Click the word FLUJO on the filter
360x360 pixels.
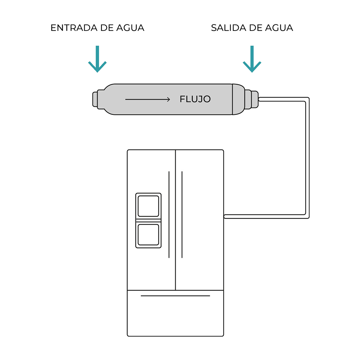pos(195,99)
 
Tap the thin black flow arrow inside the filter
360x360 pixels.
pos(148,99)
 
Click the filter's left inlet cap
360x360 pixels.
pos(95,99)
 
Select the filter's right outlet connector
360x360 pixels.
pos(254,99)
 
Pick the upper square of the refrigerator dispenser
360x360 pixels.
pos(148,206)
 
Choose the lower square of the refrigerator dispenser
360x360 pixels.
pos(148,235)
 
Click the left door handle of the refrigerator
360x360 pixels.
pos(169,215)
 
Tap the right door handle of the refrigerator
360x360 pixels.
pos(182,215)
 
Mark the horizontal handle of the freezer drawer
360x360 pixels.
pos(175,296)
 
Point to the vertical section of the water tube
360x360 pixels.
pos(307,158)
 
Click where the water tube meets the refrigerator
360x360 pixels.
pos(225,216)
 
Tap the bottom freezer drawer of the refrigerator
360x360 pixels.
pos(175,317)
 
